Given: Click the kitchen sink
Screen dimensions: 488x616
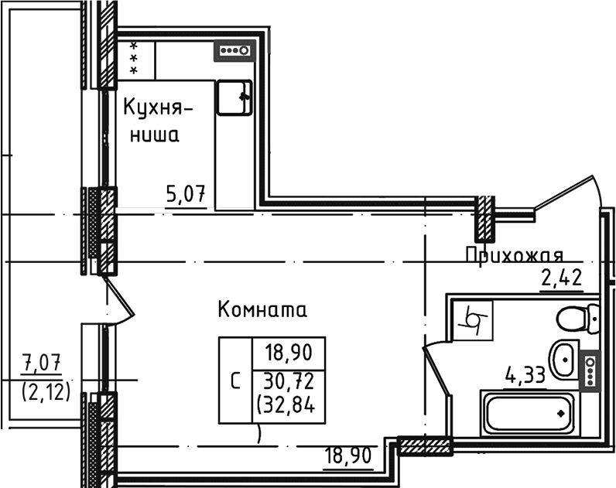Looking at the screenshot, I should [234, 97].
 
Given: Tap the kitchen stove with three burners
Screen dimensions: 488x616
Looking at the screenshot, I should [234, 51].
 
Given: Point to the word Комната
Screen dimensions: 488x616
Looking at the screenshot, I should [262, 310].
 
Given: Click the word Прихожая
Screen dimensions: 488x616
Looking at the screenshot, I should [512, 255].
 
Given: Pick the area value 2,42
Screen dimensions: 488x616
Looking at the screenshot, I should [561, 278].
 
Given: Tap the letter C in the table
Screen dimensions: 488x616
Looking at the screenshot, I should [235, 381].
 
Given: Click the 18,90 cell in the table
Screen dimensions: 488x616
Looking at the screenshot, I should [287, 353].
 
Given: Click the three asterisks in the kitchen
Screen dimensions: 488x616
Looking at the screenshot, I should [135, 58].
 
